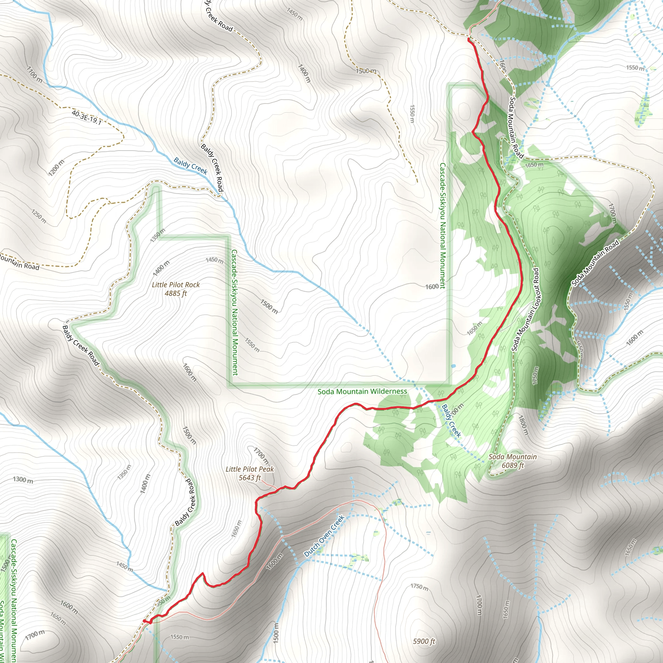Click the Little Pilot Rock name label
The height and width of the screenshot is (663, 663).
pyautogui.click(x=175, y=285)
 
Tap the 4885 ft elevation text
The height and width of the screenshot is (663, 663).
pyautogui.click(x=175, y=293)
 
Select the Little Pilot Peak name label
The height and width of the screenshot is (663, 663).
pyautogui.click(x=250, y=469)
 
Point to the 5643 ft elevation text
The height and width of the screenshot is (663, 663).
pyautogui.click(x=250, y=478)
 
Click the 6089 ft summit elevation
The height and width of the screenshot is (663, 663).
pyautogui.click(x=513, y=465)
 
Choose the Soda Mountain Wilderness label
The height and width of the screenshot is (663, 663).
pyautogui.click(x=362, y=392)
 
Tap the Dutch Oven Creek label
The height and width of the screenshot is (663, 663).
pyautogui.click(x=324, y=536)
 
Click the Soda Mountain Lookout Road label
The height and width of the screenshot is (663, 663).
pyautogui.click(x=525, y=309)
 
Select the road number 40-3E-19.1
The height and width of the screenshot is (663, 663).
pyautogui.click(x=86, y=117)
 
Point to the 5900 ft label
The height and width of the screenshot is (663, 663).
pyautogui.click(x=424, y=641)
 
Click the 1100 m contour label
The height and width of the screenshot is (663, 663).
pyautogui.click(x=34, y=74)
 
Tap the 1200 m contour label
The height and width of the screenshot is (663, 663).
pyautogui.click(x=56, y=168)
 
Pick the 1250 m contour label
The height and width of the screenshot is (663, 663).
pyautogui.click(x=39, y=216)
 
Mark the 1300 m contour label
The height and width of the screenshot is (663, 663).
pyautogui.click(x=23, y=480)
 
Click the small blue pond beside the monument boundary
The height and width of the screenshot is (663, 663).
pyautogui.click(x=454, y=366)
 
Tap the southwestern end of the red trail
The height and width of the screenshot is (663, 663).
pyautogui.click(x=144, y=621)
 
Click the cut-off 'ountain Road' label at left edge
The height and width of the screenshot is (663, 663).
pyautogui.click(x=19, y=264)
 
